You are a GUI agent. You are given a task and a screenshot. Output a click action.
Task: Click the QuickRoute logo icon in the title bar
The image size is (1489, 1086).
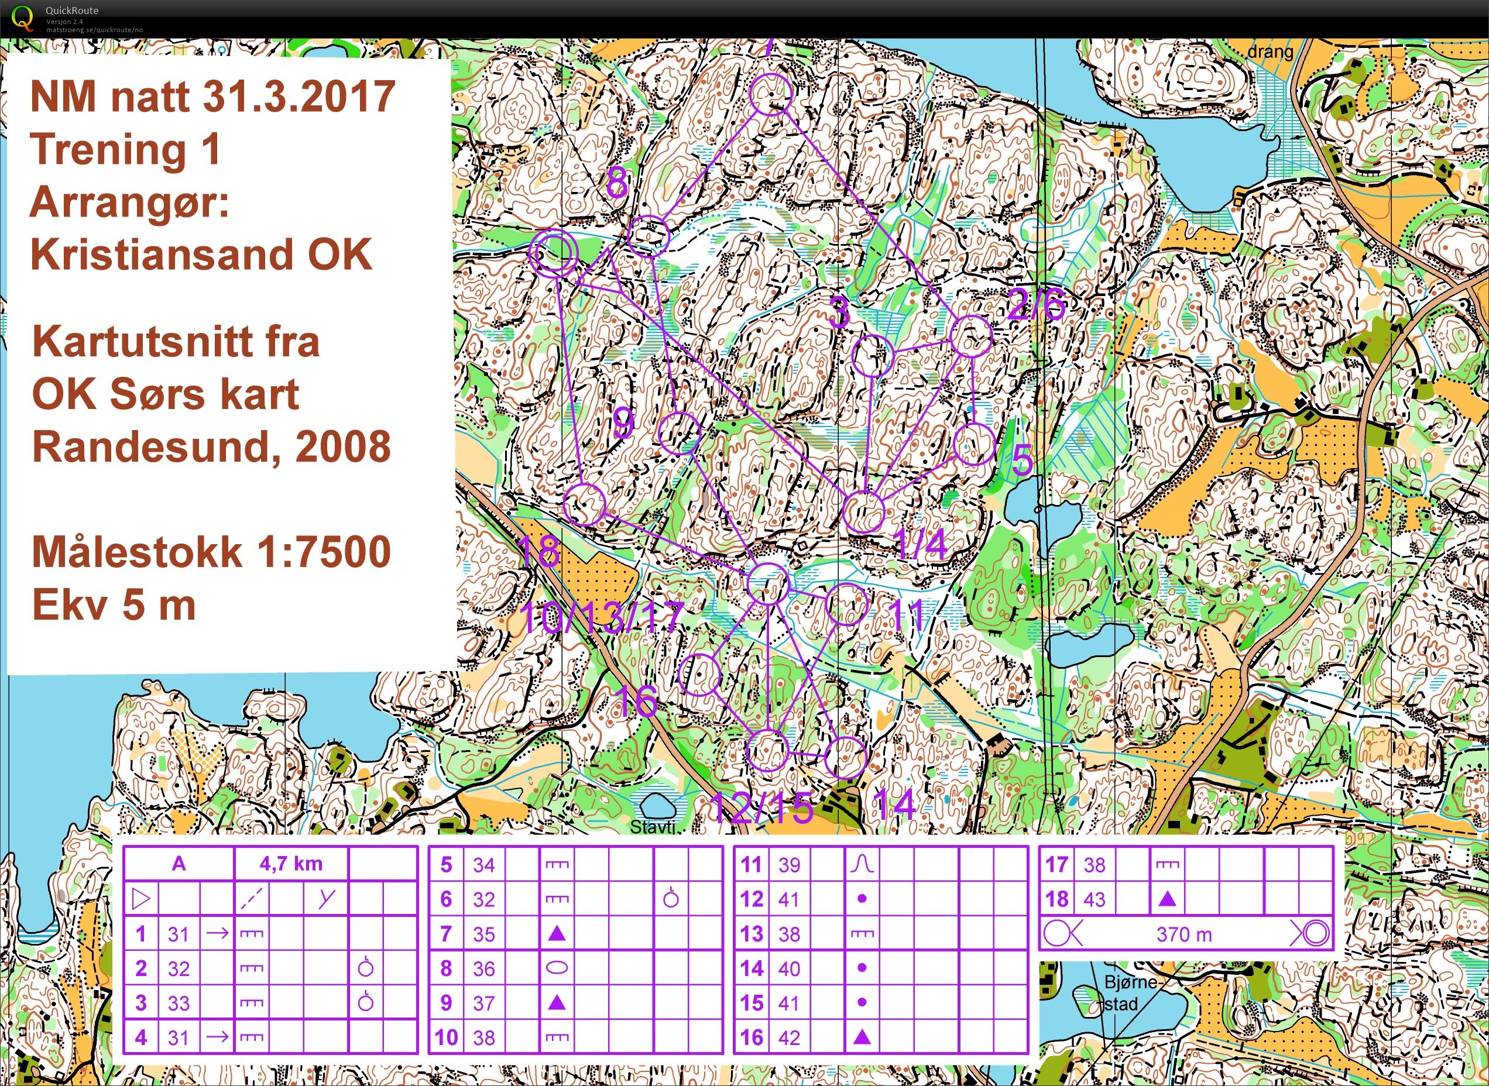tap(22, 17)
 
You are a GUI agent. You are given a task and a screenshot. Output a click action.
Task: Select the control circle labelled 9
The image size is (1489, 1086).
tap(678, 432)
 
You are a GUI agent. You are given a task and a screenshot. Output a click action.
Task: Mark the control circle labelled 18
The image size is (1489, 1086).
tap(584, 504)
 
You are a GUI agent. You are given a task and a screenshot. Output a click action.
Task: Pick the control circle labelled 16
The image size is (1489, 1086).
tap(700, 675)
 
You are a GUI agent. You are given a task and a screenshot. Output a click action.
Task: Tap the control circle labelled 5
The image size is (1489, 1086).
tap(973, 444)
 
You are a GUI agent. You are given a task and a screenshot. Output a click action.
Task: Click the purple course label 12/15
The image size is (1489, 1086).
tap(763, 808)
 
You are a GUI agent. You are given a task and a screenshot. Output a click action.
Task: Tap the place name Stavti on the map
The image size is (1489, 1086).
tap(653, 826)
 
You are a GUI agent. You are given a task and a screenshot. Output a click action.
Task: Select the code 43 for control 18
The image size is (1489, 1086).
tap(1094, 899)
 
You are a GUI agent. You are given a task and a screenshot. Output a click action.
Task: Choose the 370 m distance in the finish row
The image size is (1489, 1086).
tap(1184, 934)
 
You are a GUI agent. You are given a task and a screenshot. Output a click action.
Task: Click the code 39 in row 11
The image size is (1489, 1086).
tap(789, 864)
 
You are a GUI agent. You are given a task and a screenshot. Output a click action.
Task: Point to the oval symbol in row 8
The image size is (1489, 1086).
tap(557, 968)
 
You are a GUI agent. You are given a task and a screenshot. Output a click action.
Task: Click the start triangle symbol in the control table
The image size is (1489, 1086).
tap(140, 899)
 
